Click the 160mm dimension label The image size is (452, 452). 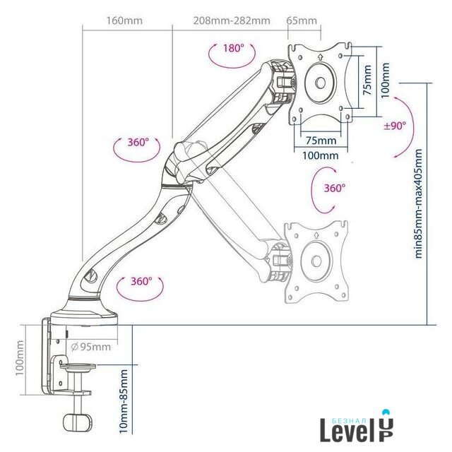[124, 20]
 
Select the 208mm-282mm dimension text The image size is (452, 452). [232, 20]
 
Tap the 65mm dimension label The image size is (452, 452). [302, 20]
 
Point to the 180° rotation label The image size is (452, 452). [234, 48]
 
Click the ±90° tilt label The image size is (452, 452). [395, 126]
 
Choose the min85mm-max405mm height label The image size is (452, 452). [418, 203]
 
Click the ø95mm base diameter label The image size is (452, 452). [91, 347]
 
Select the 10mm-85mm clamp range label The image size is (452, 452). [124, 401]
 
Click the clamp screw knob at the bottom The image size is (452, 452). [78, 422]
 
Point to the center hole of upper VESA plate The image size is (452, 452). [320, 83]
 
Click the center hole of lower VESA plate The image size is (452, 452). [316, 261]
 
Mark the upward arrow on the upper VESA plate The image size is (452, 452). [320, 56]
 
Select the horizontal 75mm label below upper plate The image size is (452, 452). [321, 141]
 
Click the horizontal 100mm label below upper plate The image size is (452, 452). [320, 155]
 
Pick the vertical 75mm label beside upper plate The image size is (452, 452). [367, 80]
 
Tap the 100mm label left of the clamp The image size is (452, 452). [20, 358]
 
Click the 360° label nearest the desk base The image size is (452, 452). [141, 281]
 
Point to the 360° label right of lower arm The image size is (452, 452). [335, 188]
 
